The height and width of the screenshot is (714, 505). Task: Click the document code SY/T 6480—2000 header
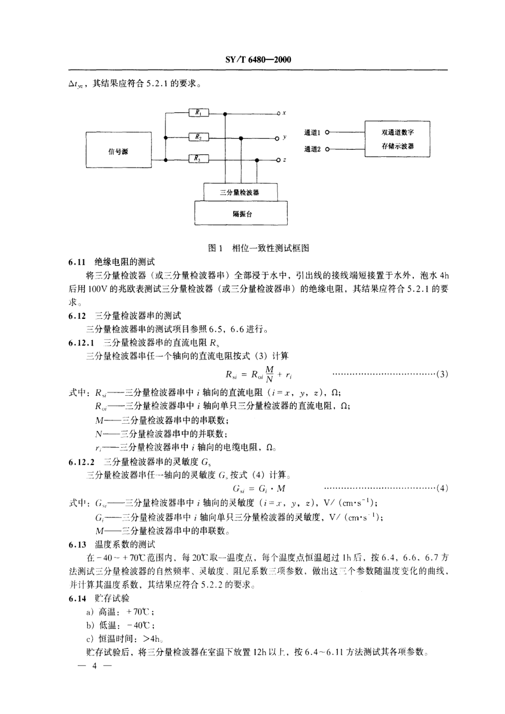coord(258,60)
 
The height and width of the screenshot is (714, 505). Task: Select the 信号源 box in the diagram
coord(118,152)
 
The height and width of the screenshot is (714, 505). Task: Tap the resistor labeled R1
coord(199,113)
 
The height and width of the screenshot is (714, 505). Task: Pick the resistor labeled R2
coord(199,137)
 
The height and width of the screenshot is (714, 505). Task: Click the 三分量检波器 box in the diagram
coord(240,193)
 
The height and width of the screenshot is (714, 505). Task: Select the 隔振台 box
coord(241,213)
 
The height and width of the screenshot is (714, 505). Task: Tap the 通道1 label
coord(312,132)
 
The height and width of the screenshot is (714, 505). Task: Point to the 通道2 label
coord(312,149)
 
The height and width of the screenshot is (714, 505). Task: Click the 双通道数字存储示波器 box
coord(398,139)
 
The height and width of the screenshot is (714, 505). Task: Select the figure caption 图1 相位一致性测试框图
coord(259,248)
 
